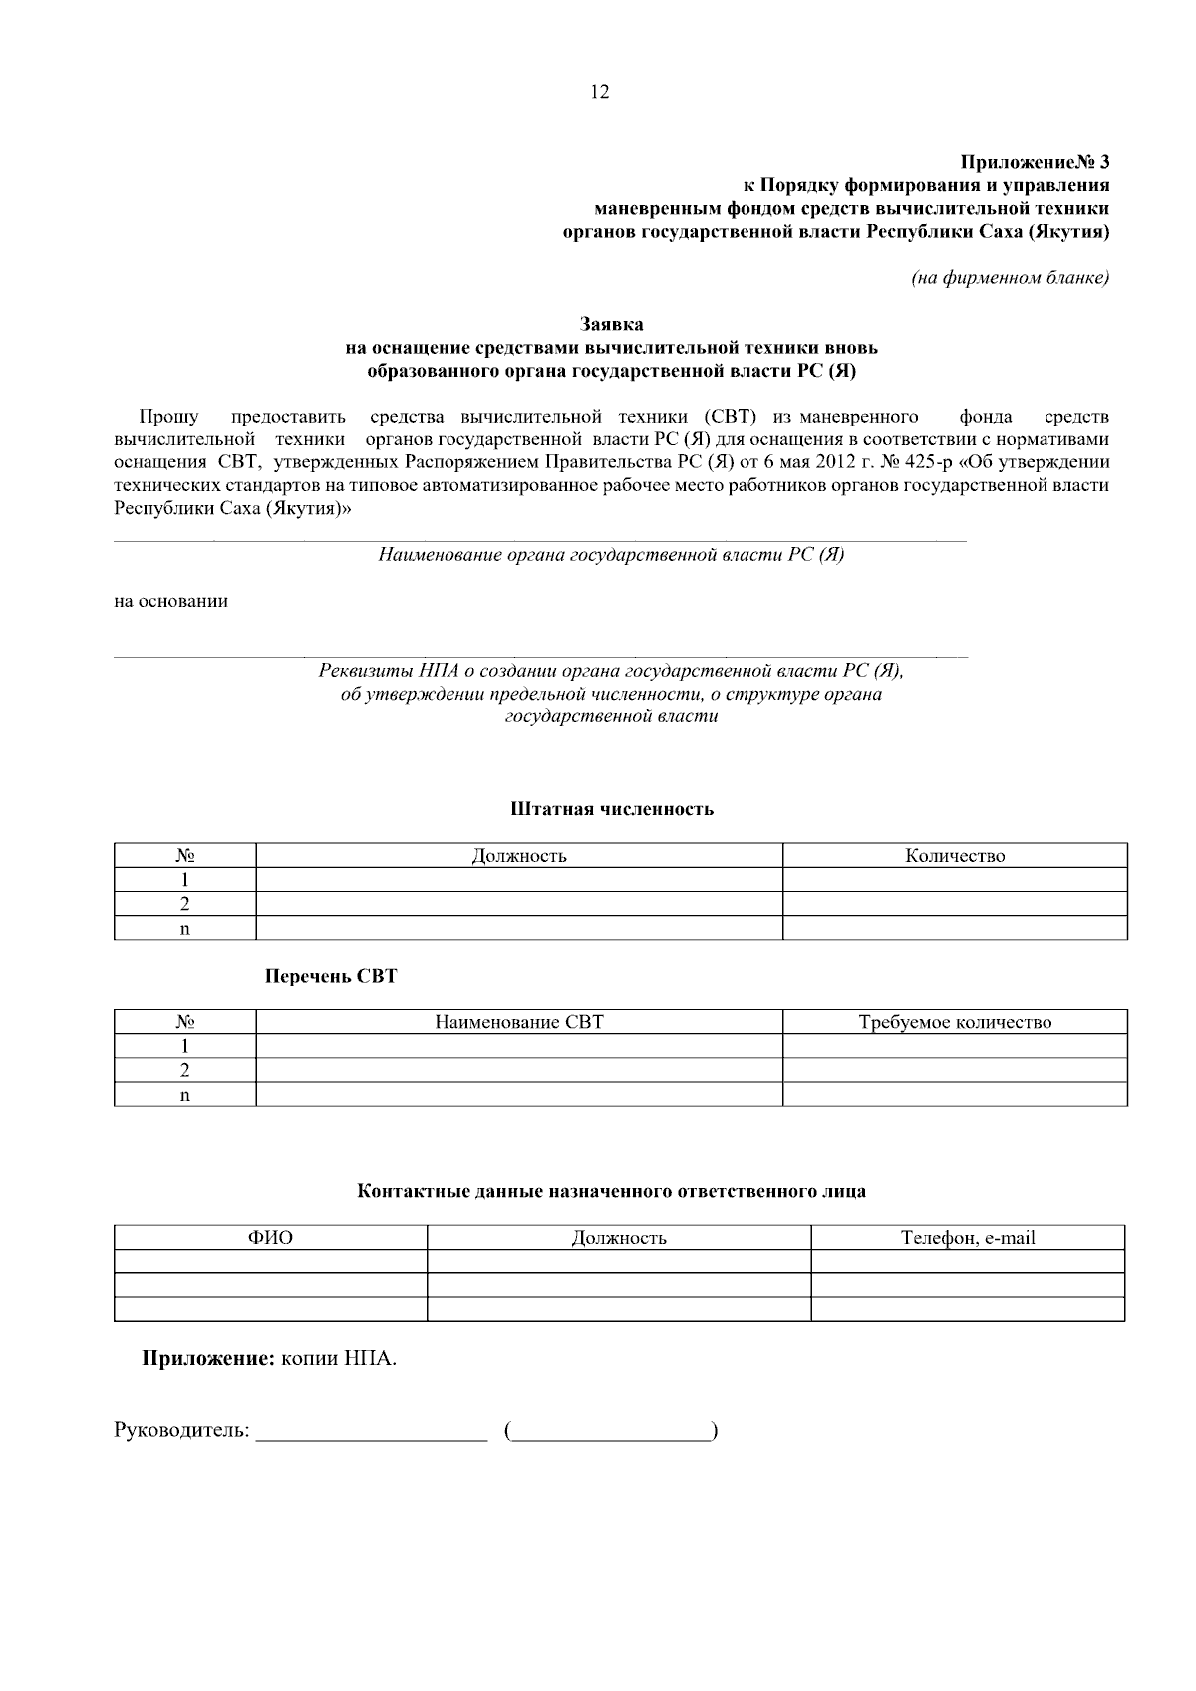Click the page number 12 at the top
click(600, 92)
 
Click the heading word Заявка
click(612, 324)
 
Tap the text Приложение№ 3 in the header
click(1035, 161)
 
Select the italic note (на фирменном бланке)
click(1010, 278)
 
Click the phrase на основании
click(171, 601)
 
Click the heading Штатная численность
click(612, 808)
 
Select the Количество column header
click(955, 856)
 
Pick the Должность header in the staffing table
click(519, 856)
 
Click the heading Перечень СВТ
click(331, 976)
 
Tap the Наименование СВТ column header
click(519, 1022)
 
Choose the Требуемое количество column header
click(955, 1022)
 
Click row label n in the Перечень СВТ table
click(184, 1095)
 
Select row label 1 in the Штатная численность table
click(184, 880)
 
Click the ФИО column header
click(270, 1238)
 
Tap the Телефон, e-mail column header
click(968, 1238)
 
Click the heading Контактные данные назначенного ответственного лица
click(612, 1191)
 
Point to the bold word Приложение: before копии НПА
click(207, 1358)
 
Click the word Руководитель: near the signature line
click(181, 1431)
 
